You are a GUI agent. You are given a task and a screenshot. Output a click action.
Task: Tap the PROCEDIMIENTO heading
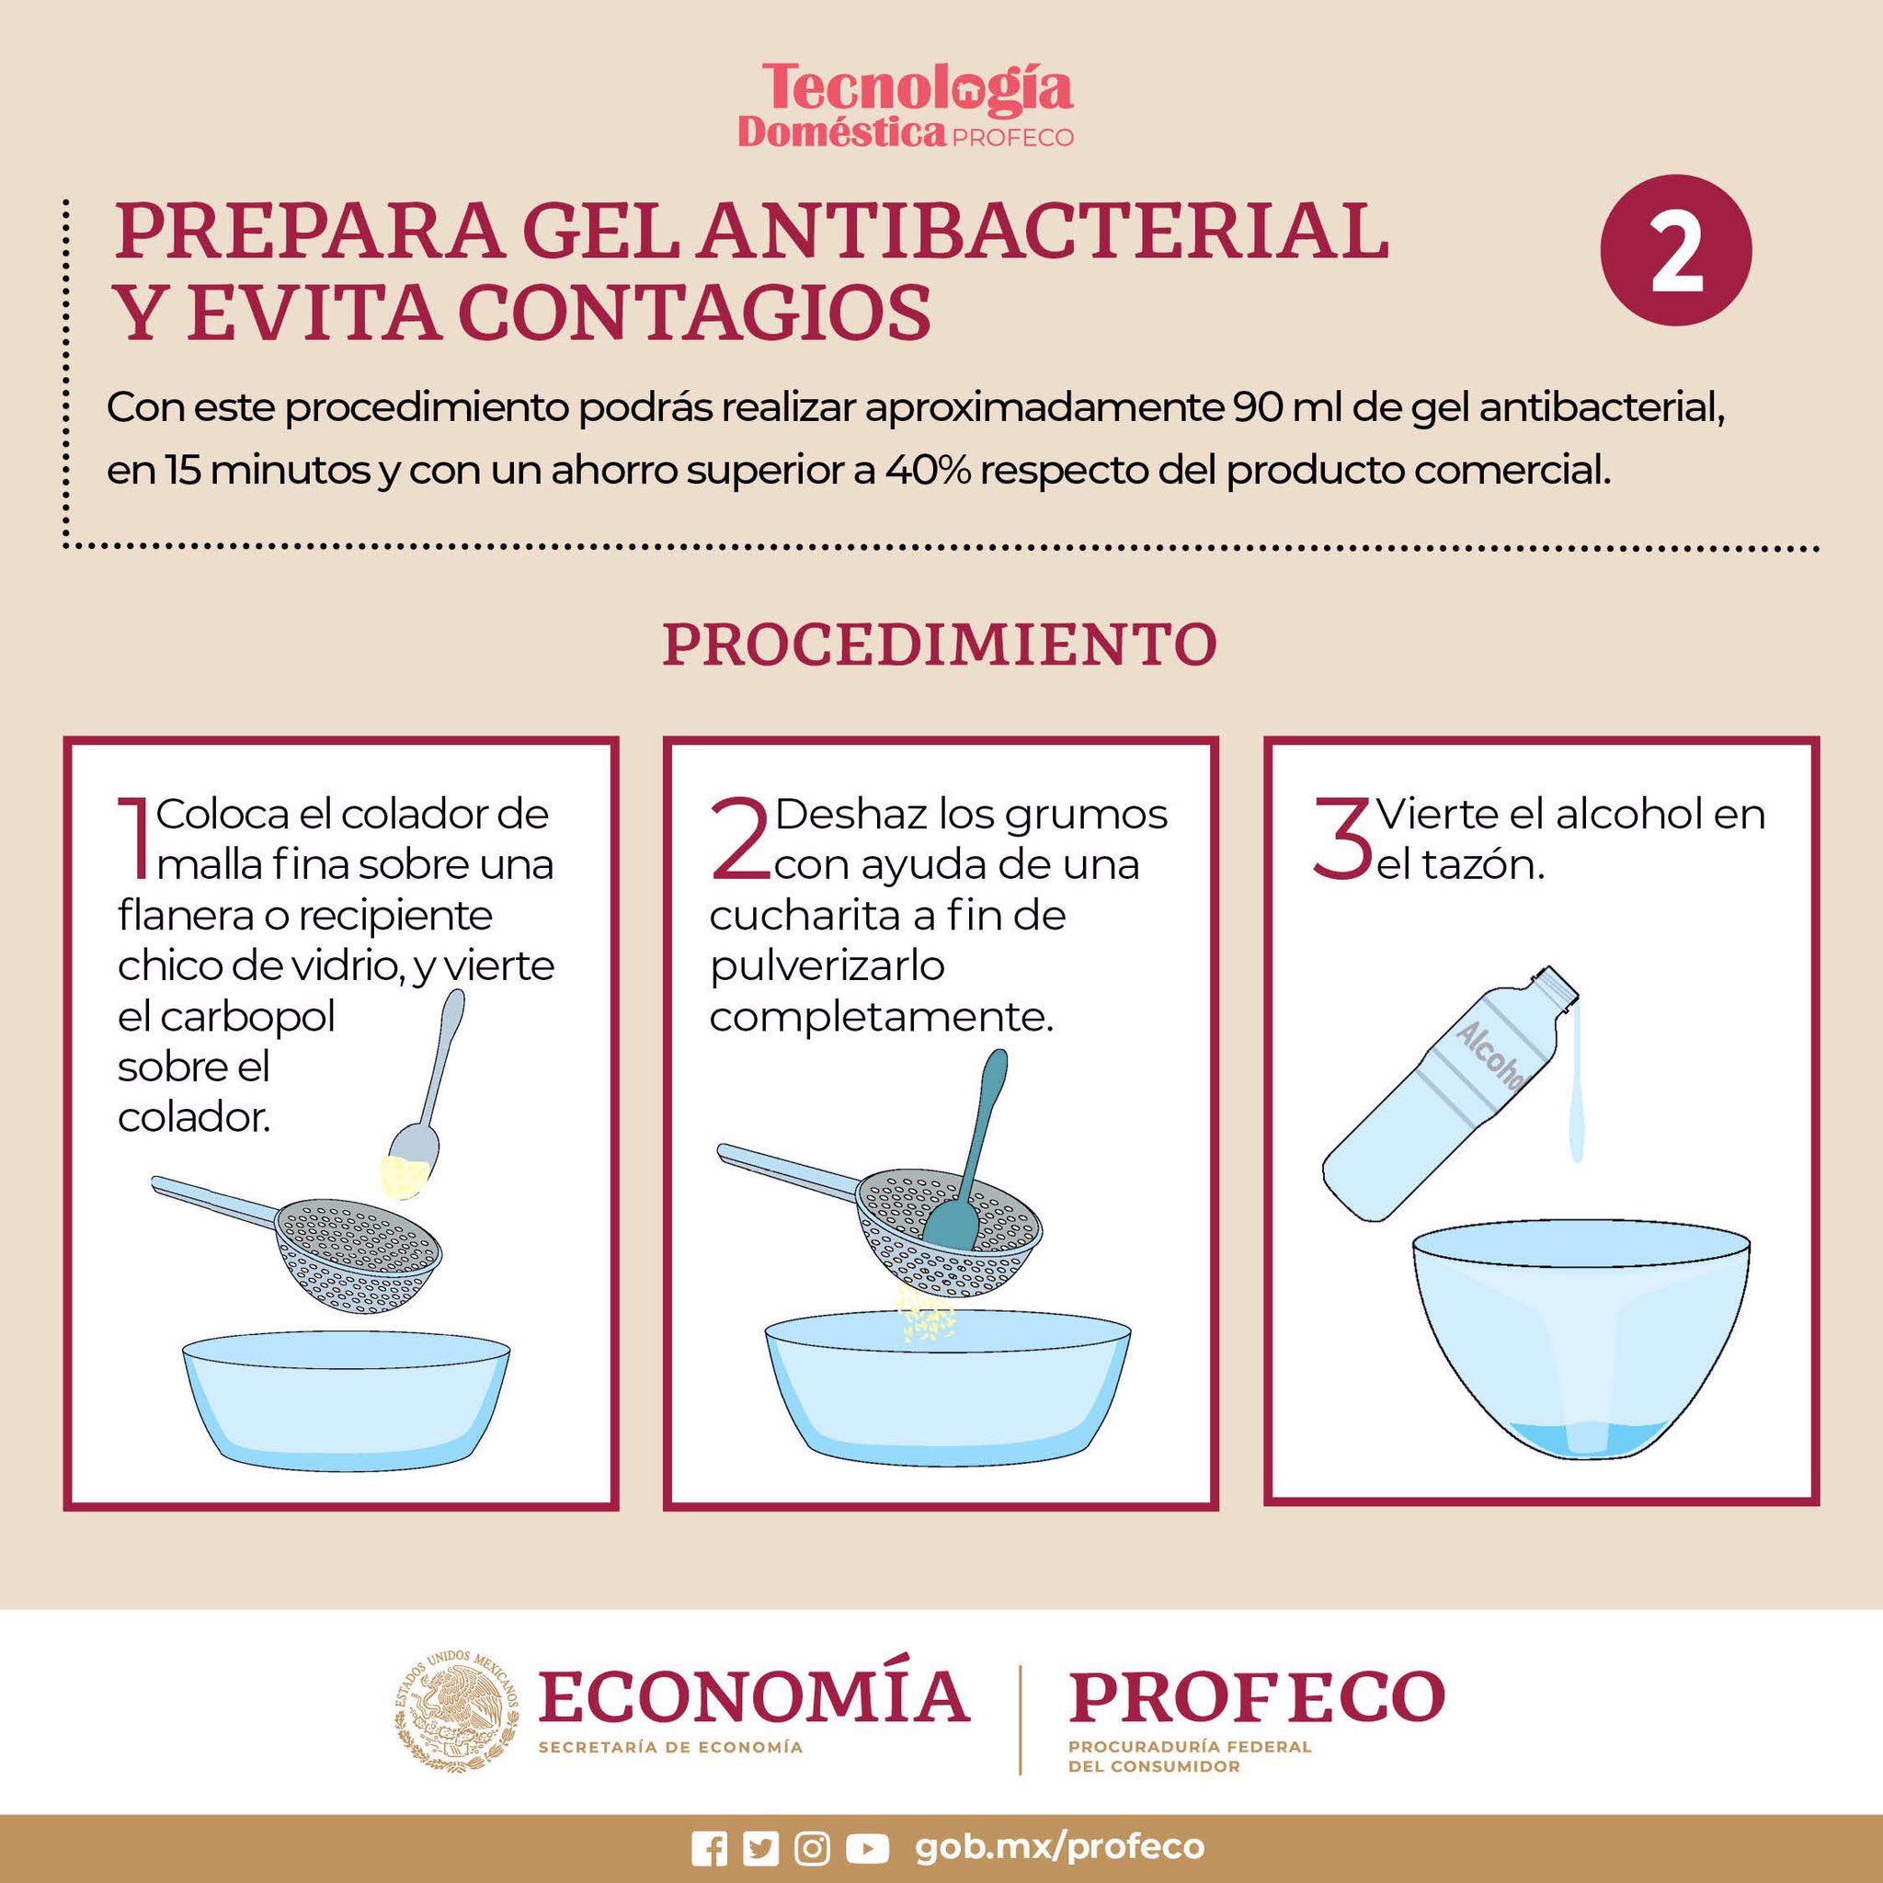point(941,645)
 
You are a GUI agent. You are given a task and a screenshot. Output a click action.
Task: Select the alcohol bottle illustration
point(1449,1092)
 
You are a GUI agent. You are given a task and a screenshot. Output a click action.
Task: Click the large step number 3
point(1342,839)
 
